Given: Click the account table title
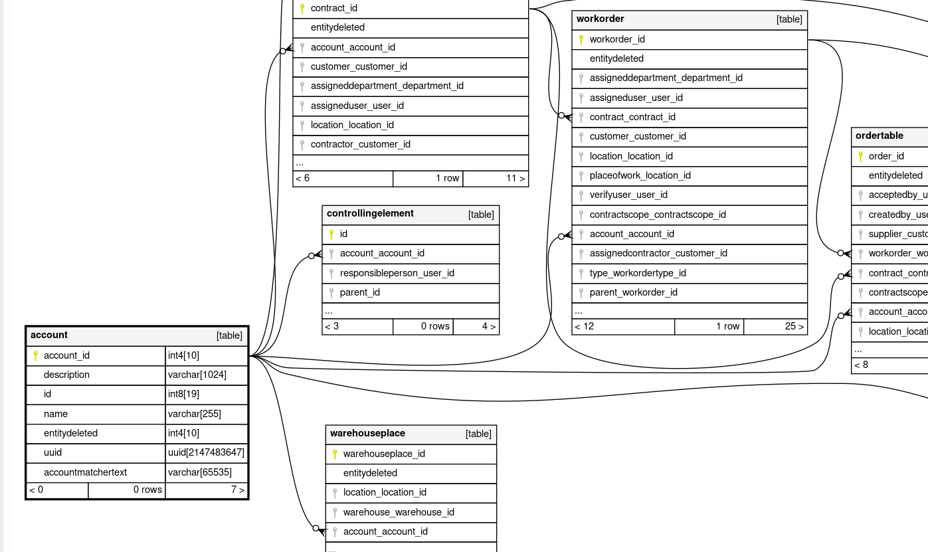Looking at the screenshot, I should (49, 335).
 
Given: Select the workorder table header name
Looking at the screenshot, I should (601, 19).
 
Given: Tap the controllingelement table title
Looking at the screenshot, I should (370, 214).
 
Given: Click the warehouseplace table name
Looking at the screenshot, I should (367, 434).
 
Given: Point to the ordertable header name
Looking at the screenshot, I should (880, 136).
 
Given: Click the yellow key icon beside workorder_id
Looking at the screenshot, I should (581, 40).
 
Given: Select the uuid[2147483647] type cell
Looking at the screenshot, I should (206, 453).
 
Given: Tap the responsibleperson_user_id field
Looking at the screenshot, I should (397, 273).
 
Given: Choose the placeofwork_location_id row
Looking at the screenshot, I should (640, 175).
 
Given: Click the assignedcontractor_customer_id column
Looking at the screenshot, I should (658, 253).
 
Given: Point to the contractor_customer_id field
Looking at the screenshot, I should (361, 144).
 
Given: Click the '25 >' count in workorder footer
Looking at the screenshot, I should (794, 326).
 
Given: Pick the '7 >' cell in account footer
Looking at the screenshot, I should (238, 490).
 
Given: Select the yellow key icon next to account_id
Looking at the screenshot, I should (35, 356).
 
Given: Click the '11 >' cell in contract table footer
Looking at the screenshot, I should (515, 178).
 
